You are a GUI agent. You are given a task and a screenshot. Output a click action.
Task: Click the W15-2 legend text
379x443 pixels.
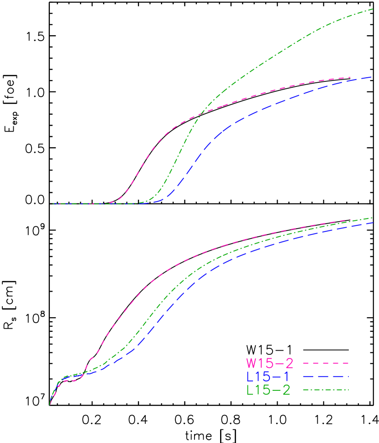click(269, 363)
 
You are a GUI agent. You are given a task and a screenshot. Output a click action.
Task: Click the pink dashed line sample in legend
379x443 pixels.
click(326, 363)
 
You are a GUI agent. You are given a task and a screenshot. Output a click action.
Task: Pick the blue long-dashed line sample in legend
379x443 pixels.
click(326, 377)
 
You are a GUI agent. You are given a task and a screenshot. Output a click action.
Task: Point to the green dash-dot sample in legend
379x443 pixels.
click(326, 390)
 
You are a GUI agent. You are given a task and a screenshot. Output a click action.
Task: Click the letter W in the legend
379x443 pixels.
click(252, 363)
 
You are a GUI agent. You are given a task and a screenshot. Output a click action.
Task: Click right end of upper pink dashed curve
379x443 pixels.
click(350, 77)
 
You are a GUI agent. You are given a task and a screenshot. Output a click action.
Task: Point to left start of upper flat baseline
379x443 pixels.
click(53, 203)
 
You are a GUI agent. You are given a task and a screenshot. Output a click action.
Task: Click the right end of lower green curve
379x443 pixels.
click(373, 218)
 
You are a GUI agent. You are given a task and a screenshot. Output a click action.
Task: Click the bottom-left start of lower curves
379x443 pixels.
click(49, 405)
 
